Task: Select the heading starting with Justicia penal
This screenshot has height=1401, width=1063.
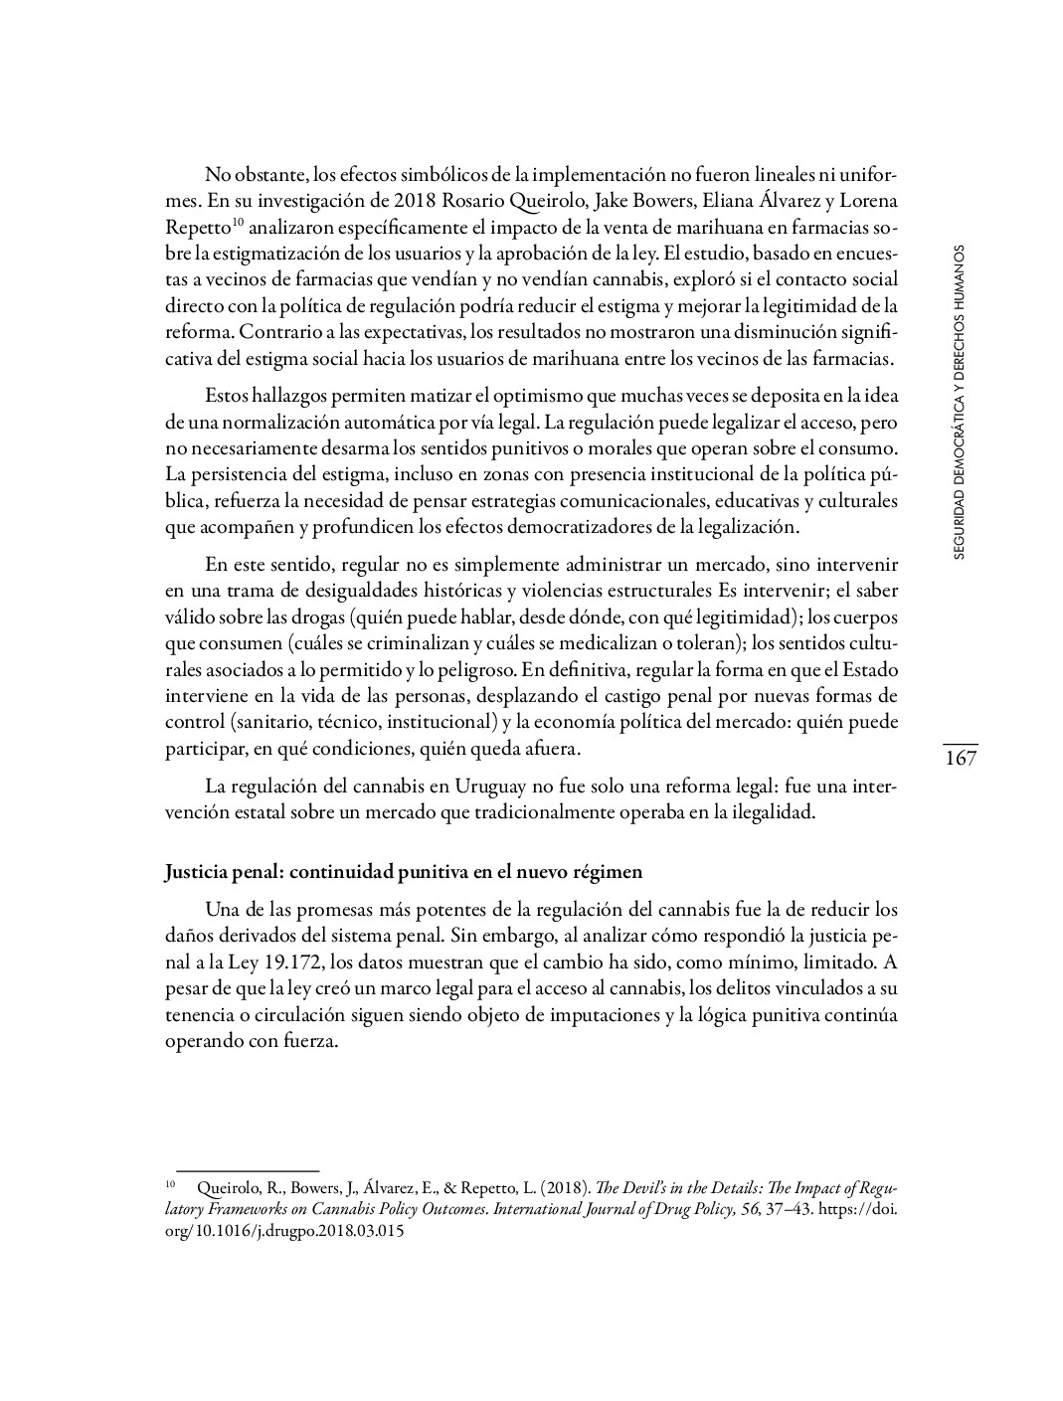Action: (404, 872)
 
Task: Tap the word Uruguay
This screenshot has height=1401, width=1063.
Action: (490, 786)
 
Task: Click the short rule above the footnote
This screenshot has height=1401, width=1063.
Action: (247, 1171)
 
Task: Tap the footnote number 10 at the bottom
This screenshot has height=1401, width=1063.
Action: (170, 1185)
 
